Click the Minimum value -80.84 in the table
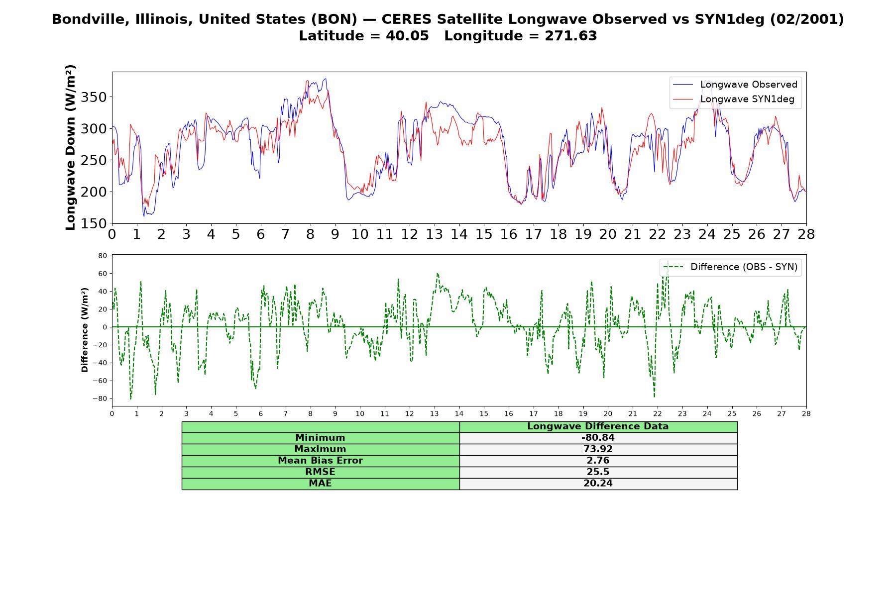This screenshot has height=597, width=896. (598, 438)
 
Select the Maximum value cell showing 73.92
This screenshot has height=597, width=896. (598, 449)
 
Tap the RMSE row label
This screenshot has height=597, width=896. (320, 472)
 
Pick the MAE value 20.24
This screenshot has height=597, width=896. (598, 484)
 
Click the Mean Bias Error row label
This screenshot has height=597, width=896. (320, 461)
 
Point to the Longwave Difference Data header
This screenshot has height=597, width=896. (598, 426)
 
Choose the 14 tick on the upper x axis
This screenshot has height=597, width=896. (459, 234)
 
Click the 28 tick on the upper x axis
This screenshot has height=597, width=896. (806, 234)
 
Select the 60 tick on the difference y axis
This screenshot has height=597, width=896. (103, 274)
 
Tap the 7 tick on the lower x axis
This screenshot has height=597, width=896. (285, 414)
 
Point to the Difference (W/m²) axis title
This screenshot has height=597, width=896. (85, 330)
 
